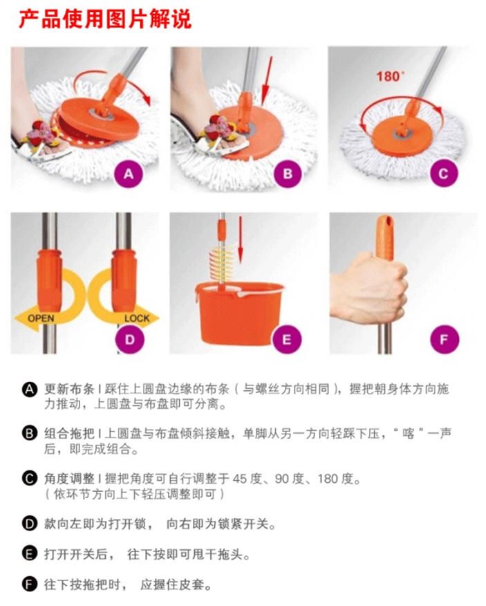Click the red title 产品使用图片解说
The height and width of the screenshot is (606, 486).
105,19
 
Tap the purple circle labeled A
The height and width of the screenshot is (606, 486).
129,174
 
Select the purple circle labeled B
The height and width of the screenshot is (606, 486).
288,174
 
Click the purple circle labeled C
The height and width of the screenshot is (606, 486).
444,173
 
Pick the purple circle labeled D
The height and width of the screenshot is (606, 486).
129,340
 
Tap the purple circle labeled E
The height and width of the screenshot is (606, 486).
287,340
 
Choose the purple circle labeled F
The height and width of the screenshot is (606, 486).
445,340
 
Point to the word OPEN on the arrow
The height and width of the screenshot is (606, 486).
41,318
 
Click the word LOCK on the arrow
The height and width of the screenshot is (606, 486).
137,318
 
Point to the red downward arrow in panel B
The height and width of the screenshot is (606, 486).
267,80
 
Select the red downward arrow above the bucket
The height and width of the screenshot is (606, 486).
241,239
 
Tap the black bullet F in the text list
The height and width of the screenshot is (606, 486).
29,584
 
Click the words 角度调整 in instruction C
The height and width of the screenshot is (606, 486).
69,479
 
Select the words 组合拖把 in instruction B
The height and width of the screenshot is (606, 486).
69,434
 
